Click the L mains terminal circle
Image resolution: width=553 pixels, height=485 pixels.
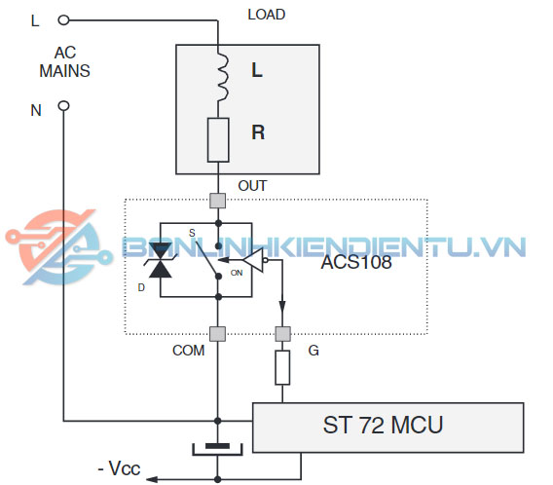[x=63, y=20]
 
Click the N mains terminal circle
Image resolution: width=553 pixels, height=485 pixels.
[x=63, y=105]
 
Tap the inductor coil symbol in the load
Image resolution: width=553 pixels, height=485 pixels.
[x=222, y=78]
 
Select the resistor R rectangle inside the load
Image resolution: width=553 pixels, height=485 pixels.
[x=218, y=140]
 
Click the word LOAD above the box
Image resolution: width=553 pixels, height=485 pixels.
[x=266, y=15]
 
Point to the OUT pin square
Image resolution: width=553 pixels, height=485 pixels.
[x=218, y=201]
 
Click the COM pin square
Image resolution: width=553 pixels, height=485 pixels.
[x=218, y=334]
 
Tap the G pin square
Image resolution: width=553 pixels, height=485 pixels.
[x=282, y=334]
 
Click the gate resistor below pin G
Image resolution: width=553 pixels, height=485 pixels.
[x=282, y=367]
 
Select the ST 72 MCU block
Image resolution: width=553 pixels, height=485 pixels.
[x=387, y=428]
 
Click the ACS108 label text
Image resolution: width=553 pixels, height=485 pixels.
[x=356, y=262]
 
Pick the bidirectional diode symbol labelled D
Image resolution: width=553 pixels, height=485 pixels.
[x=161, y=260]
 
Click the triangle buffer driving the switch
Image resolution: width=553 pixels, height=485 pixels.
[x=254, y=260]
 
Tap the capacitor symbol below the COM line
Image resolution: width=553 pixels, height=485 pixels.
[x=218, y=449]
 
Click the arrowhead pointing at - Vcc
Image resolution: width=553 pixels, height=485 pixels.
[x=152, y=479]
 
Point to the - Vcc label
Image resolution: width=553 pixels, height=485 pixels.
[x=119, y=468]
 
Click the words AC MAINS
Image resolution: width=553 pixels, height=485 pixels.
[x=65, y=62]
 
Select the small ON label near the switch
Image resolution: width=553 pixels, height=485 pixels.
[x=237, y=273]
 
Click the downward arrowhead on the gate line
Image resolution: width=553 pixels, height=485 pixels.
[x=282, y=306]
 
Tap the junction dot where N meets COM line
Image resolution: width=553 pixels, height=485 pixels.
[x=218, y=421]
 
